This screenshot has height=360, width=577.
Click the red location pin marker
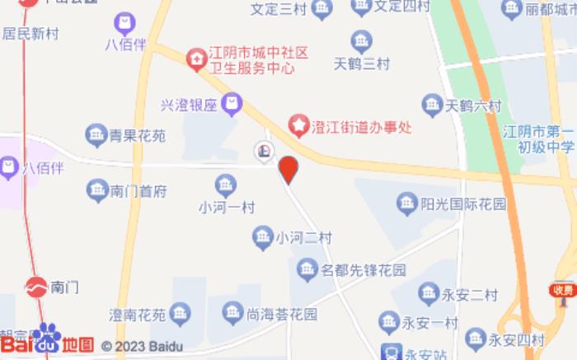[288, 169]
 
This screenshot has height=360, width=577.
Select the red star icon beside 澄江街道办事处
[298, 126]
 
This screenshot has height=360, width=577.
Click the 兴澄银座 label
[188, 105]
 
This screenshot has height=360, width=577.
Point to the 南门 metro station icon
[35, 288]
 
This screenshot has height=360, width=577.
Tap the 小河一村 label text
[227, 208]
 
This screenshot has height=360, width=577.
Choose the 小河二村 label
[303, 238]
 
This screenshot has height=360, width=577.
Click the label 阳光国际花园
[463, 203]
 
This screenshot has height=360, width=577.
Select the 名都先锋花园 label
[364, 269]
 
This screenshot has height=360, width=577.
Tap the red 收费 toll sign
[563, 290]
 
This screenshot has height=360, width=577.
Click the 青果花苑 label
[138, 133]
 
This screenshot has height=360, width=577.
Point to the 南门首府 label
[139, 191]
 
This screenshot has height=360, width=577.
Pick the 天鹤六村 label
[473, 105]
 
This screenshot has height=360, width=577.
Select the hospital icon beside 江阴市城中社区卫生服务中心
[196, 58]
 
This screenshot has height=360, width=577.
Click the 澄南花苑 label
[138, 314]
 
